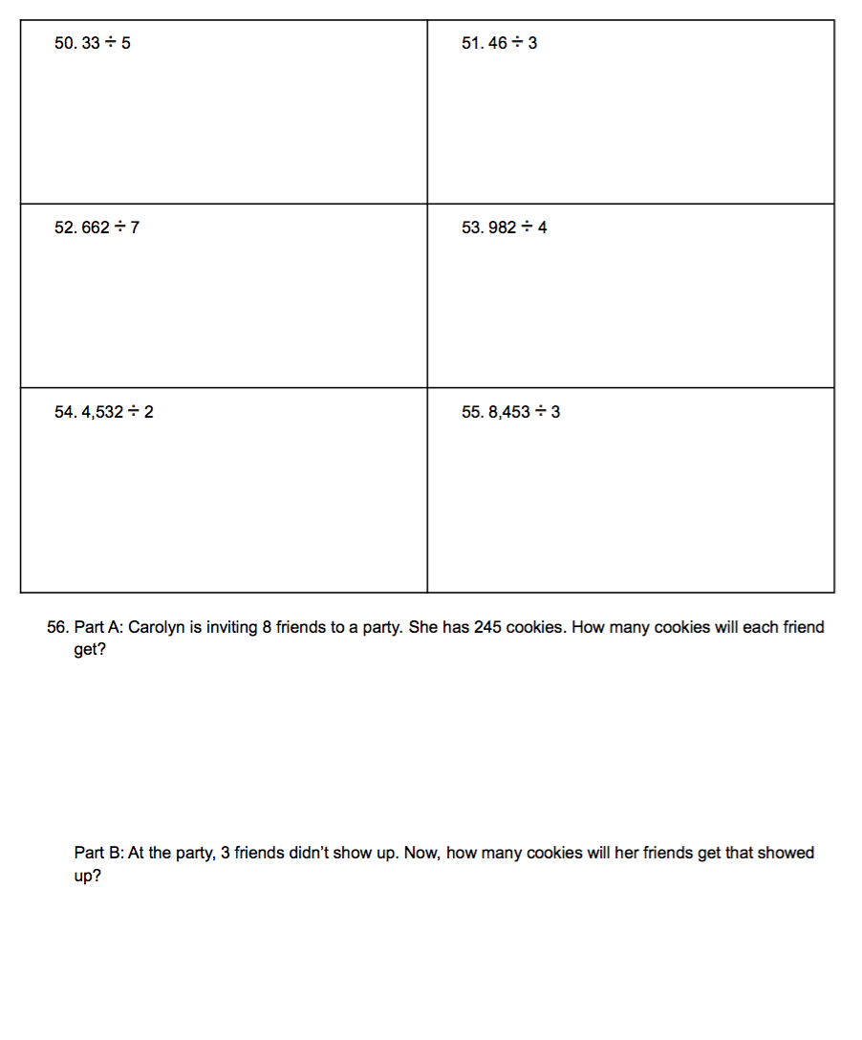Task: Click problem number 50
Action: [x=65, y=44]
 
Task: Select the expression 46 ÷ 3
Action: [x=512, y=44]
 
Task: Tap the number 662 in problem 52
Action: [x=96, y=228]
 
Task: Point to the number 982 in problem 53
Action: [x=503, y=228]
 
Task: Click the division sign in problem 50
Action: [x=110, y=44]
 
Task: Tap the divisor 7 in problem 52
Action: [x=135, y=228]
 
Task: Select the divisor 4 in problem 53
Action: [x=542, y=228]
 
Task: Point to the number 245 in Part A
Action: [x=487, y=628]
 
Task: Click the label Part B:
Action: [x=98, y=853]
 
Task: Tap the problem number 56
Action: [x=57, y=628]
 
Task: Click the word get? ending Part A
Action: [x=89, y=651]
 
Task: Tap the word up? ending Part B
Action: [x=87, y=876]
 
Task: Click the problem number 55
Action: [x=471, y=413]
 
